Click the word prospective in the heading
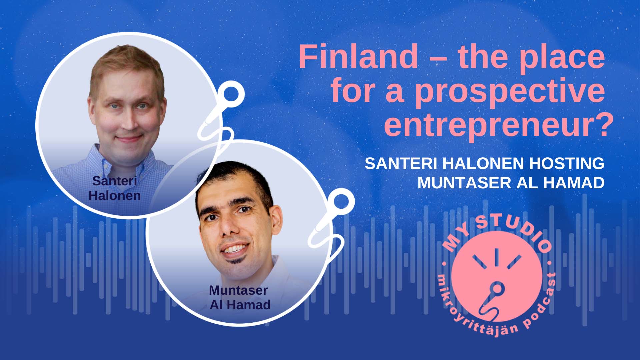click(510, 92)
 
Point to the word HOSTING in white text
click(567, 164)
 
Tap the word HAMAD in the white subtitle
click(573, 183)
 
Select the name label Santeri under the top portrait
click(115, 181)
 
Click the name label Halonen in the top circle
click(115, 196)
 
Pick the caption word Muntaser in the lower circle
click(238, 290)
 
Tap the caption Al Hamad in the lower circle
click(240, 305)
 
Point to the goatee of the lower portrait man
click(236, 260)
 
